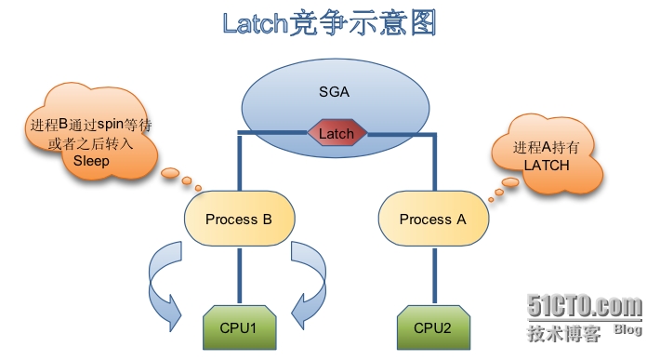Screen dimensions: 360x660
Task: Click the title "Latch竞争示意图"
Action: tap(329, 23)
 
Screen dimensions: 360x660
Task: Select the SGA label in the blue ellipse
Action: tap(336, 90)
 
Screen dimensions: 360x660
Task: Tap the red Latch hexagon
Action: tap(336, 133)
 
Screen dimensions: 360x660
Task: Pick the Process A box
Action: tap(431, 220)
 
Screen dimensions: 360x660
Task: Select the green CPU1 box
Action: tap(239, 328)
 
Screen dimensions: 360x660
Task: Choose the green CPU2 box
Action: tap(432, 328)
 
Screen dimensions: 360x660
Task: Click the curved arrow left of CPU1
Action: tap(165, 284)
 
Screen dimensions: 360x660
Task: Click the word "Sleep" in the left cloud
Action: tap(91, 160)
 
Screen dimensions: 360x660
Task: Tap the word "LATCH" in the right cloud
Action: tap(546, 164)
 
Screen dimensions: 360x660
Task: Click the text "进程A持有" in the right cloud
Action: tap(546, 147)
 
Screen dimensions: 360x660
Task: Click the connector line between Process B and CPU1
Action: tap(238, 274)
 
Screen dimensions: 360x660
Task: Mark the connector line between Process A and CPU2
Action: tap(432, 274)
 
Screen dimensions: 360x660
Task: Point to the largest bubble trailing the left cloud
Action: tap(169, 174)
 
